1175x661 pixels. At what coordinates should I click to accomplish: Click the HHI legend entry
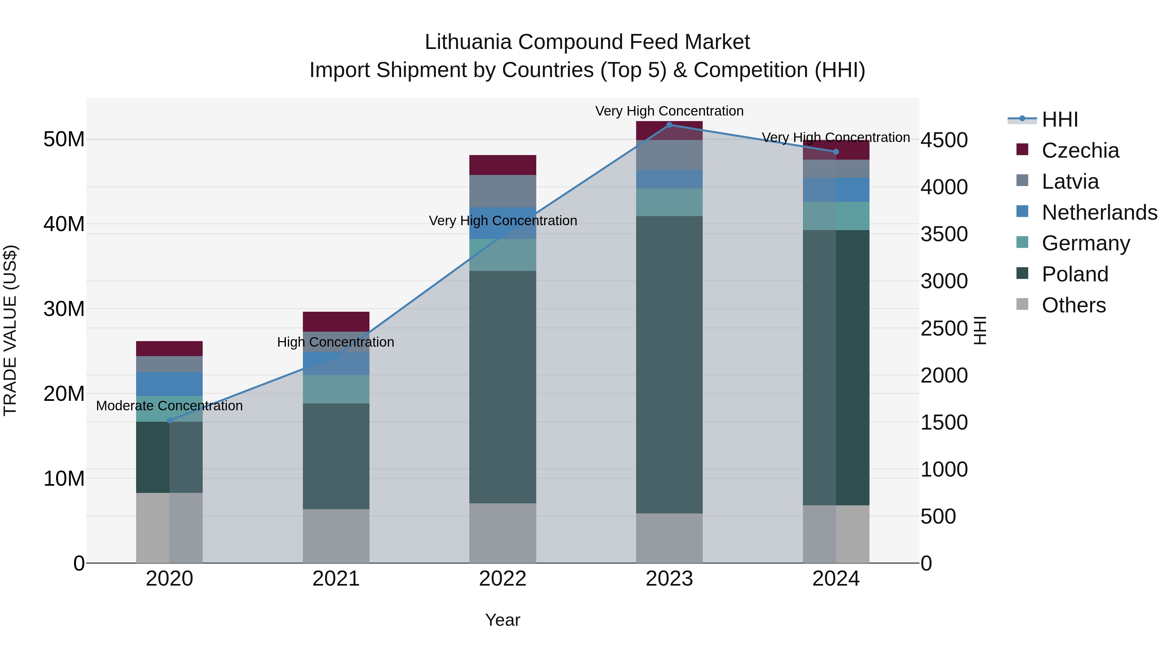pyautogui.click(x=1059, y=119)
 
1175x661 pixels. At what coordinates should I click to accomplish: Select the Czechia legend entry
pyautogui.click(x=1080, y=150)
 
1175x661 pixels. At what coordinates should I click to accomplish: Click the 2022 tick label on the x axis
pyautogui.click(x=503, y=579)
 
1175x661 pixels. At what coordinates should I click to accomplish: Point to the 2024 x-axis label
pyautogui.click(x=836, y=579)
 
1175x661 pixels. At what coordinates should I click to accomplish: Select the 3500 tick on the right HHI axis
pyautogui.click(x=944, y=234)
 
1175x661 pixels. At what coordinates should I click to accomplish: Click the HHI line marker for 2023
pyautogui.click(x=669, y=125)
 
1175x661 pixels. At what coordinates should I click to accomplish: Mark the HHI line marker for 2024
pyautogui.click(x=836, y=152)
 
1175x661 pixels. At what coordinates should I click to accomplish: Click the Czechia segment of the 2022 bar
pyautogui.click(x=503, y=165)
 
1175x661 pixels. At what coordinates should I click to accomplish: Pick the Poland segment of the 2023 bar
pyautogui.click(x=669, y=365)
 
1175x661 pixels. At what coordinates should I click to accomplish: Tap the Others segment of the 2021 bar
pyautogui.click(x=336, y=536)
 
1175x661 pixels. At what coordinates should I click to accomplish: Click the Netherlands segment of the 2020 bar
pyautogui.click(x=169, y=384)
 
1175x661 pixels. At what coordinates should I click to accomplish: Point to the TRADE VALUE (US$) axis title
pyautogui.click(x=10, y=330)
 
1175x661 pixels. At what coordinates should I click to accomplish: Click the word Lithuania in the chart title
pyautogui.click(x=468, y=42)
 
